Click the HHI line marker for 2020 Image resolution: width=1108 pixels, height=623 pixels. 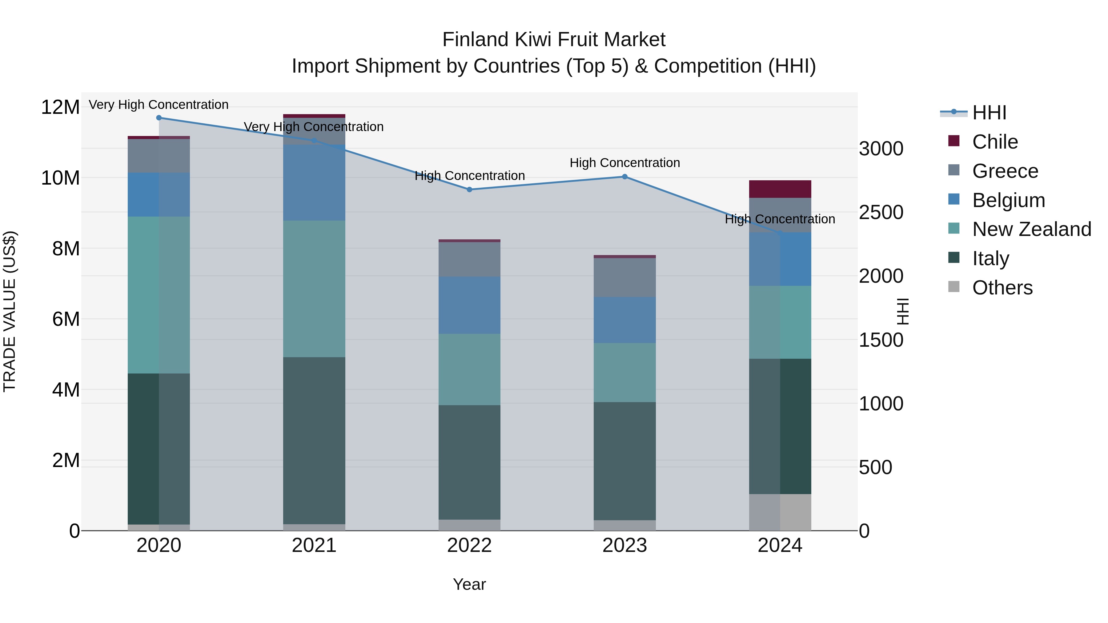(159, 118)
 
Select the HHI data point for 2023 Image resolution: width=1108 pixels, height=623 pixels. (624, 177)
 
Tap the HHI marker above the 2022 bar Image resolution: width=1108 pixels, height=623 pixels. (469, 190)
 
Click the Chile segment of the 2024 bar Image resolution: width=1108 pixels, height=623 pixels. (780, 189)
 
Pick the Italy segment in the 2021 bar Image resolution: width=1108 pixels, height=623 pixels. (314, 441)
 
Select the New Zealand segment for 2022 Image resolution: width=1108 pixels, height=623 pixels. (469, 370)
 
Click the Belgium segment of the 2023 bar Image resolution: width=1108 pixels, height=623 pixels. (624, 320)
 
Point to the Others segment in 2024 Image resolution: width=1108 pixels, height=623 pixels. (780, 513)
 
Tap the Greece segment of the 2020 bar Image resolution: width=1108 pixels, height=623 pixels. (159, 156)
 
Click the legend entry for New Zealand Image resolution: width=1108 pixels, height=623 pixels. (1031, 229)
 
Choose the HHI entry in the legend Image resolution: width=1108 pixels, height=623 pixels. (989, 113)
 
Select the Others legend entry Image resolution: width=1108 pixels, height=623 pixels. (1002, 288)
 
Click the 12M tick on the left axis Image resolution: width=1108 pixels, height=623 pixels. (60, 107)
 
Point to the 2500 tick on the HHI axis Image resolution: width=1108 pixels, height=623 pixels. (881, 212)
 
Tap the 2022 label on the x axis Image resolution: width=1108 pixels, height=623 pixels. (469, 545)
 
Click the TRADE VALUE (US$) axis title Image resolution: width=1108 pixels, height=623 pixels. (10, 311)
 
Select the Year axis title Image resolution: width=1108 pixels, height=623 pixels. (469, 584)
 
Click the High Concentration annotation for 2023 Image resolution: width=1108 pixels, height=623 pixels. (624, 163)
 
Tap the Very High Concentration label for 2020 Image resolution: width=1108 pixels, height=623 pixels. (159, 105)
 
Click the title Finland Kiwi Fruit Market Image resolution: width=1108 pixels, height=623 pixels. (554, 40)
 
